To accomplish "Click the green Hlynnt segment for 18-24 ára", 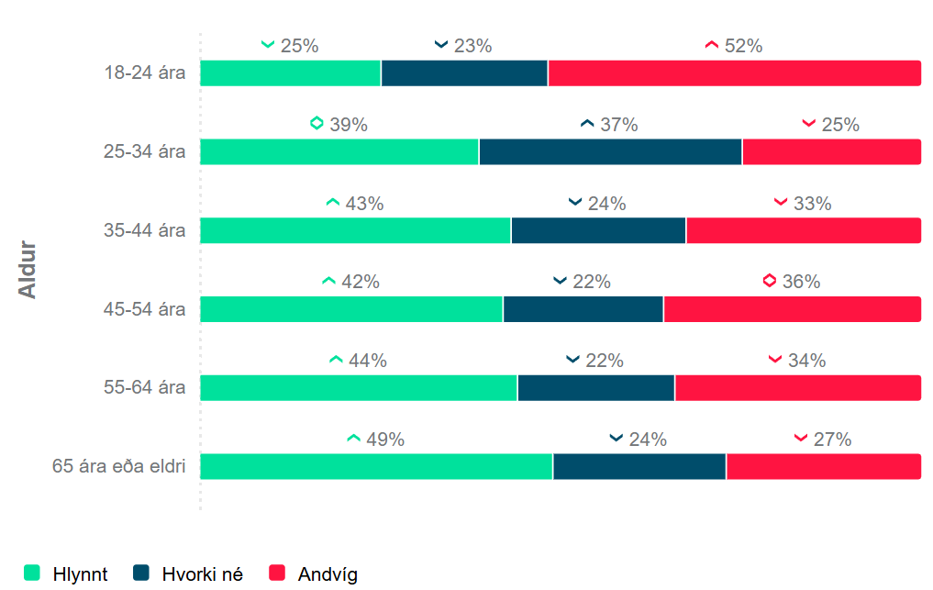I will pyautogui.click(x=290, y=73).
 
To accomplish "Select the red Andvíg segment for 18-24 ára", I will pyautogui.click(x=734, y=73).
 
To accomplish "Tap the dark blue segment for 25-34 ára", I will pyautogui.click(x=610, y=152).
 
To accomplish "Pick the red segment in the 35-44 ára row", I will pyautogui.click(x=804, y=230).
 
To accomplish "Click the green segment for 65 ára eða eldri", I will pyautogui.click(x=376, y=466).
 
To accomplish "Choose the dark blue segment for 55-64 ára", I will pyautogui.click(x=596, y=388).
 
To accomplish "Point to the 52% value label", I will pyautogui.click(x=743, y=46).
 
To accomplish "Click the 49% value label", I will pyautogui.click(x=385, y=440).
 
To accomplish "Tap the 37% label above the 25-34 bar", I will pyautogui.click(x=619, y=125).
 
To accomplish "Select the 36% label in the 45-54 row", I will pyautogui.click(x=801, y=282).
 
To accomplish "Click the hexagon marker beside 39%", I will pyautogui.click(x=317, y=123).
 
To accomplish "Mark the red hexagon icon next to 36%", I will pyautogui.click(x=770, y=281).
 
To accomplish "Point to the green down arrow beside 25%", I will pyautogui.click(x=268, y=45).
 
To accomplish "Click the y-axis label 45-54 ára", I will pyautogui.click(x=144, y=309).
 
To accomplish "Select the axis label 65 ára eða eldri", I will pyautogui.click(x=119, y=466).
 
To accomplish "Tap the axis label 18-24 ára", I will pyautogui.click(x=144, y=73).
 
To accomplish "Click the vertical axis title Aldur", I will pyautogui.click(x=28, y=269).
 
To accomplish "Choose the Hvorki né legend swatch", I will pyautogui.click(x=141, y=573).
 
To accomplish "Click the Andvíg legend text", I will pyautogui.click(x=328, y=574).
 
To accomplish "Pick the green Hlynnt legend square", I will pyautogui.click(x=32, y=573).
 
